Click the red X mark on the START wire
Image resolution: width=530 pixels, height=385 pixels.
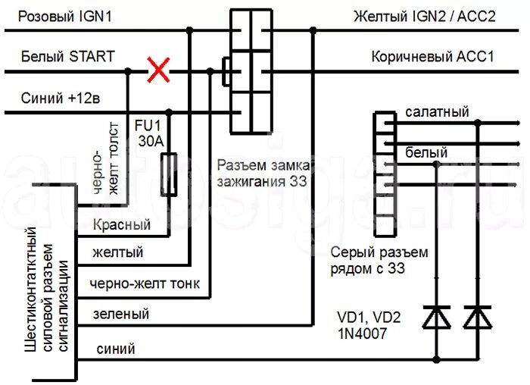157,71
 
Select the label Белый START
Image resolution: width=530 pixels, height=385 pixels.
68,56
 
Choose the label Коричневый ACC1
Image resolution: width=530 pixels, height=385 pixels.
432,57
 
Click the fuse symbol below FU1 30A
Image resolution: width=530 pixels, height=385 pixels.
171,174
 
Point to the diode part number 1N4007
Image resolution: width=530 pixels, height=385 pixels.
368,332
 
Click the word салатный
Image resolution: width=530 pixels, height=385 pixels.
437,111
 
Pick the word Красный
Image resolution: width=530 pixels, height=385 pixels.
121,224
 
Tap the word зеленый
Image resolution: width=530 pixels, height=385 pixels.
120,313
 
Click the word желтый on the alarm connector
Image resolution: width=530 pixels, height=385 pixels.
117,252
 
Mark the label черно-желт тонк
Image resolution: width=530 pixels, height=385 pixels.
145,284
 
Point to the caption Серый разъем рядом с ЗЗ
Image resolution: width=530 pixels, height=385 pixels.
379,260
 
